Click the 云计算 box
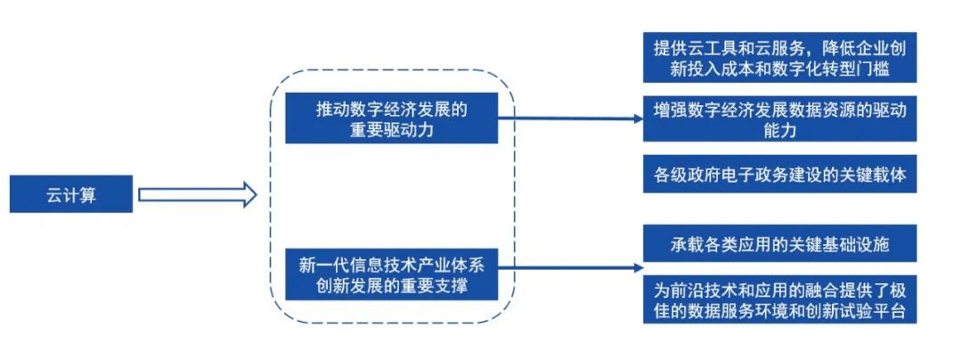tap(71, 194)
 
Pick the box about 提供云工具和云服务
tap(779, 57)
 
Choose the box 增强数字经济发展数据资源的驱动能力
tap(779, 119)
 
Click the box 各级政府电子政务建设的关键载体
tap(779, 175)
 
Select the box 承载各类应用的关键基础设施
tap(779, 243)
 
